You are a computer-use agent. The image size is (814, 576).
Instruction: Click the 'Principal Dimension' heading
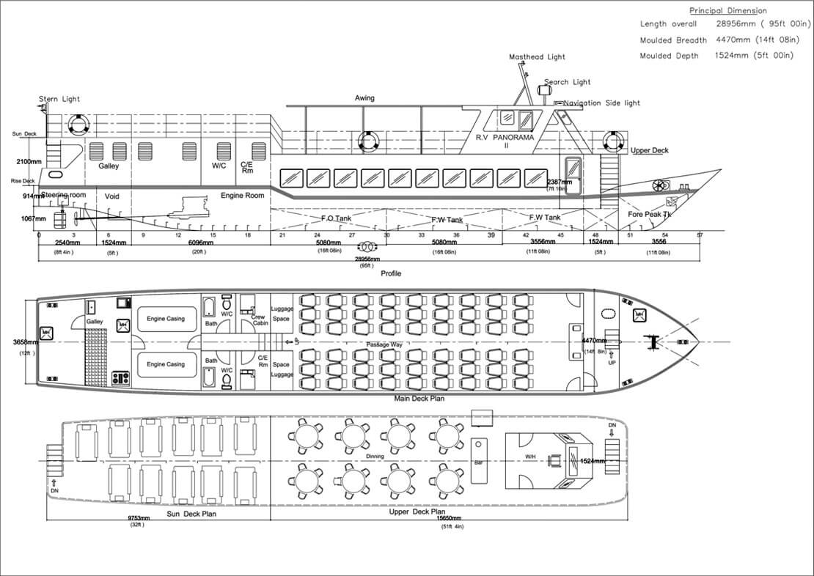pyautogui.click(x=727, y=11)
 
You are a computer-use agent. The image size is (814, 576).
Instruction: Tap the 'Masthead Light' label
pyautogui.click(x=538, y=57)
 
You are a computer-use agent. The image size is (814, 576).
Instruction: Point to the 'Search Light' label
pyautogui.click(x=567, y=83)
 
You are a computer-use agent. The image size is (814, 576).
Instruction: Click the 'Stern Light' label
pyautogui.click(x=59, y=99)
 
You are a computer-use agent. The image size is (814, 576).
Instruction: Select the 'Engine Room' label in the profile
pyautogui.click(x=242, y=196)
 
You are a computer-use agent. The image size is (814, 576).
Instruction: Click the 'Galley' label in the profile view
pyautogui.click(x=109, y=166)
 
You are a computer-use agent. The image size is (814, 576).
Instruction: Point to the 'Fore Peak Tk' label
pyautogui.click(x=650, y=214)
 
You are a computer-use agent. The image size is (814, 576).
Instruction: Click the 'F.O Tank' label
pyautogui.click(x=338, y=218)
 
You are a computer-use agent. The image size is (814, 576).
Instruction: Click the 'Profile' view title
pyautogui.click(x=391, y=273)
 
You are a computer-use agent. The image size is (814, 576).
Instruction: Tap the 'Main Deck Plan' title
pyautogui.click(x=419, y=399)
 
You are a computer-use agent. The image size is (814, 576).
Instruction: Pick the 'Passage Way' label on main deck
pyautogui.click(x=387, y=344)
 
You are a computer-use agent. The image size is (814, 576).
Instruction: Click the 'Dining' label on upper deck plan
pyautogui.click(x=375, y=457)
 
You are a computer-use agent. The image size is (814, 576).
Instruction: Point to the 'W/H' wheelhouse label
pyautogui.click(x=531, y=457)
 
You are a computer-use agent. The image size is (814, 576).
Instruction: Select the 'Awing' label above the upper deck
pyautogui.click(x=364, y=98)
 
